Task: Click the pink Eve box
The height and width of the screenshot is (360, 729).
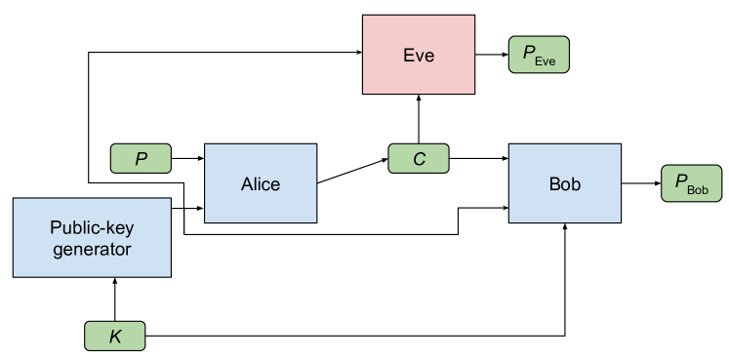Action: click(x=418, y=55)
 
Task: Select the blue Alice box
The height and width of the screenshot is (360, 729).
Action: click(x=261, y=183)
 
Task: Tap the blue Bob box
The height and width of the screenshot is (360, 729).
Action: click(x=564, y=183)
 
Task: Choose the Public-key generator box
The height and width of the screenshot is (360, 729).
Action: click(x=92, y=237)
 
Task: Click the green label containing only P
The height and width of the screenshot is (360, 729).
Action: click(x=141, y=159)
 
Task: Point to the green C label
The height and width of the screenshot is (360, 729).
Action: click(x=419, y=159)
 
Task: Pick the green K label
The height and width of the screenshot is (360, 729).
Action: click(x=115, y=337)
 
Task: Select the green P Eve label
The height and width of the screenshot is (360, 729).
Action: click(x=539, y=56)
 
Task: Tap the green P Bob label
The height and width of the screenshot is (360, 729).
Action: click(x=691, y=183)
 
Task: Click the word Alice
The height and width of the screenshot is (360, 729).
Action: click(x=261, y=183)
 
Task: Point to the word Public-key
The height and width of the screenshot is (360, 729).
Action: click(x=91, y=227)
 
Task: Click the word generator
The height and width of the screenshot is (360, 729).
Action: click(x=92, y=249)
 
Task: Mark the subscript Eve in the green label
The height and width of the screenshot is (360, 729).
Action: click(x=545, y=60)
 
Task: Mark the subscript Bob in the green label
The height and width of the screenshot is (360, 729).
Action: click(x=698, y=188)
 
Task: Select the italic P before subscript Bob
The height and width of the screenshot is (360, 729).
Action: click(x=680, y=181)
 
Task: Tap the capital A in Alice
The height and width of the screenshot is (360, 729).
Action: click(x=246, y=183)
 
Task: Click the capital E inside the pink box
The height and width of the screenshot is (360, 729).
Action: click(x=408, y=56)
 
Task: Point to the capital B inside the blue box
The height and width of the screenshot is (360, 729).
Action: click(x=554, y=183)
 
